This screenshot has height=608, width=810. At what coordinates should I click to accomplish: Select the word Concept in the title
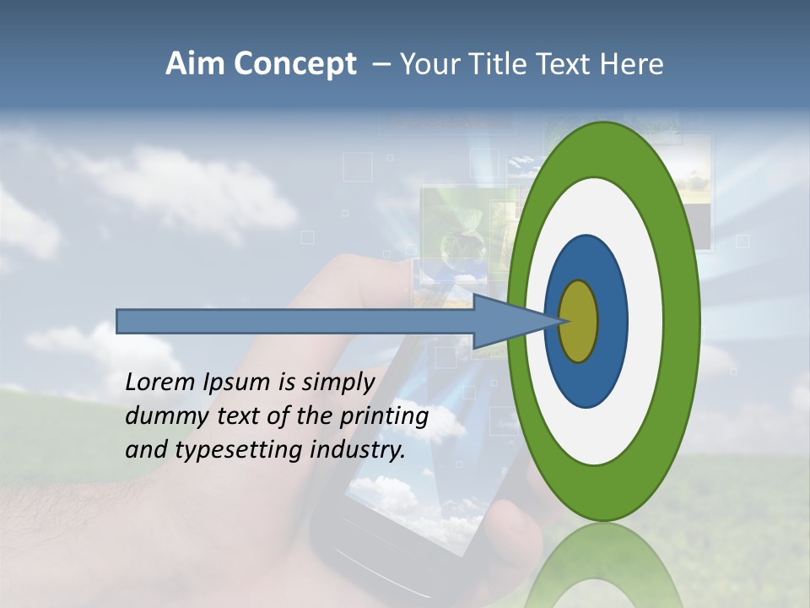click(294, 65)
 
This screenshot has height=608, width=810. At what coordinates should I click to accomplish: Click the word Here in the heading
click(634, 64)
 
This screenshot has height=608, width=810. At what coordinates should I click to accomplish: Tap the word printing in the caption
click(384, 417)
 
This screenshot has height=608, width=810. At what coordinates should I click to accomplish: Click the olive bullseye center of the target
click(579, 321)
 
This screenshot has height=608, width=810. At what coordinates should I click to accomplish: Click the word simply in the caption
click(337, 383)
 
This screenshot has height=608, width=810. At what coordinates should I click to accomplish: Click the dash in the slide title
click(381, 65)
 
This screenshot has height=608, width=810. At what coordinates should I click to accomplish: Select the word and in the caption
click(146, 450)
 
